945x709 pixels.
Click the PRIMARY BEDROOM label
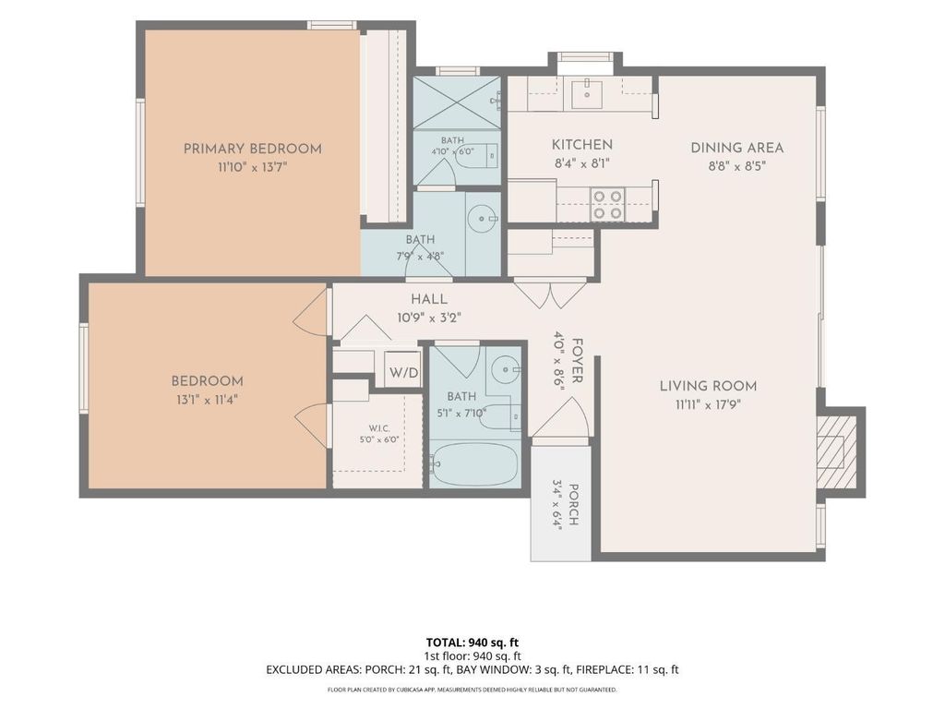coord(253,149)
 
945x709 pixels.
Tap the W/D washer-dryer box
coord(402,369)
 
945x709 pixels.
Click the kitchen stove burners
coord(607,204)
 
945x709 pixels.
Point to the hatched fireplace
coord(836,451)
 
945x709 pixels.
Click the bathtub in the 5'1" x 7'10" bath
coord(475,464)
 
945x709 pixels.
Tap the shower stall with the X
coord(457,102)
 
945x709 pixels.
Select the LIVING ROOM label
coord(708,386)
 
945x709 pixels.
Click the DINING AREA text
coord(737,148)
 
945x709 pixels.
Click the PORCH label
coord(574,505)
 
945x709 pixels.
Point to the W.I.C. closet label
coord(379,428)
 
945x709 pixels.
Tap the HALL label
coord(429,299)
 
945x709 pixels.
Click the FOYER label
coord(576,361)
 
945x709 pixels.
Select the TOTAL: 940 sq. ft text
coord(472,643)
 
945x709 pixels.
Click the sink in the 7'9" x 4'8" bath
coord(483,218)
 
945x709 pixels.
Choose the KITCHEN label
coord(582,145)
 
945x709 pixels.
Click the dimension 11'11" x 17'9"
coord(708,404)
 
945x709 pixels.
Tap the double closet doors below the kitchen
coord(550,293)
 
